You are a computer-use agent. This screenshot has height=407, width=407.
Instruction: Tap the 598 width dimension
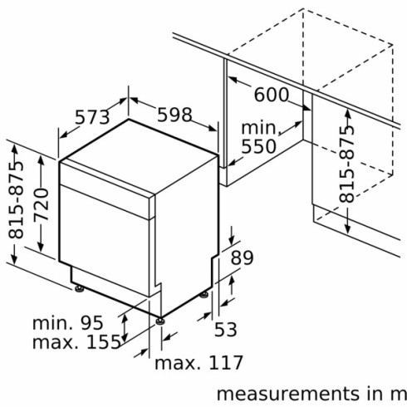click(x=169, y=114)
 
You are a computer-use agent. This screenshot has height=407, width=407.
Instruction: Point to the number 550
click(x=258, y=147)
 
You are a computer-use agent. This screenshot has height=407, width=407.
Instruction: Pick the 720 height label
click(x=42, y=208)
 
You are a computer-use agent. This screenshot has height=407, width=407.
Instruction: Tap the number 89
click(x=241, y=258)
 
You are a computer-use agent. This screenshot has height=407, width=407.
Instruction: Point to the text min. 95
click(x=67, y=322)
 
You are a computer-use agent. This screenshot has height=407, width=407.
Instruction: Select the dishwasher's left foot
click(x=79, y=289)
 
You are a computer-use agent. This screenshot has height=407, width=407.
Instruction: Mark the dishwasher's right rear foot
click(x=204, y=293)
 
